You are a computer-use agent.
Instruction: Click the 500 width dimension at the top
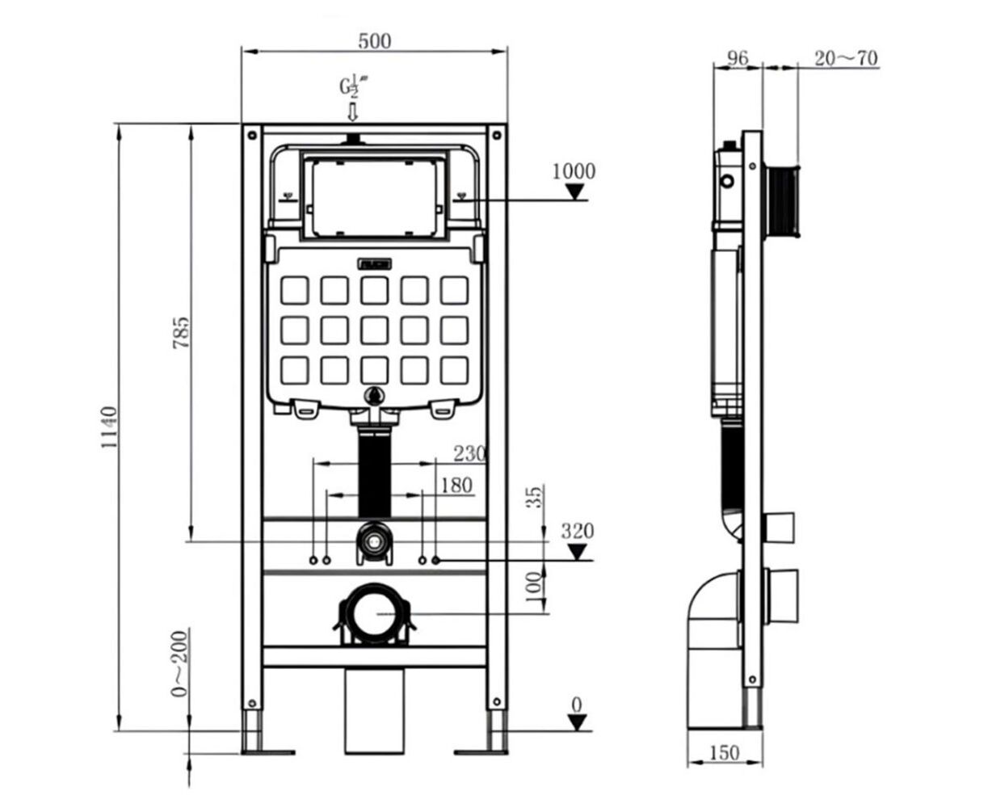click(x=374, y=40)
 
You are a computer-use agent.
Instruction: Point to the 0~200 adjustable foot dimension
click(x=179, y=663)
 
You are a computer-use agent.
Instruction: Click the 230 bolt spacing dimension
click(x=469, y=453)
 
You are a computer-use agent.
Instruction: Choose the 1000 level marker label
click(x=574, y=171)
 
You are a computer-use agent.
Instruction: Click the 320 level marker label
click(x=578, y=532)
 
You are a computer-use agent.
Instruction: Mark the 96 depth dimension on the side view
click(x=738, y=58)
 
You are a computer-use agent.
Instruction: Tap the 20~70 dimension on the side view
click(x=845, y=58)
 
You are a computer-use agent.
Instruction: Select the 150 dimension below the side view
click(x=724, y=753)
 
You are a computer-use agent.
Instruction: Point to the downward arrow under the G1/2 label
click(x=353, y=111)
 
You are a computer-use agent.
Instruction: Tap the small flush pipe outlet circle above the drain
click(x=372, y=541)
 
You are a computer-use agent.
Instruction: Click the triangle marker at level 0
click(x=576, y=722)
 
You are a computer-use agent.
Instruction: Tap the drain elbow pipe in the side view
click(x=711, y=614)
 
